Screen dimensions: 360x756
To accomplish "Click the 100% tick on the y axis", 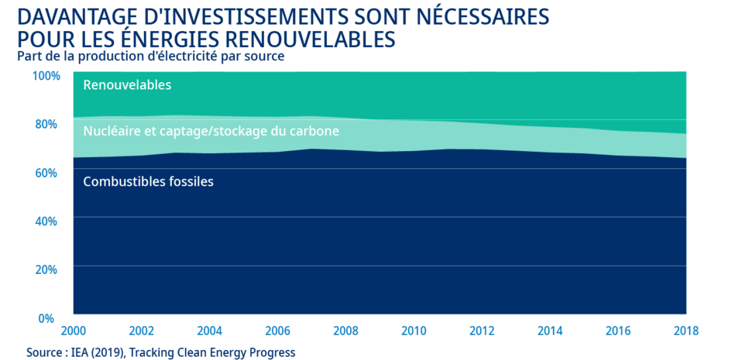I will (x=46, y=76).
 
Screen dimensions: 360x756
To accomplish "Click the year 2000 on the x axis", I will (x=74, y=331).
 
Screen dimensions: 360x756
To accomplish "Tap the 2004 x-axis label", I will (x=210, y=331).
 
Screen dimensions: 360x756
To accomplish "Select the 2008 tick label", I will (x=346, y=331).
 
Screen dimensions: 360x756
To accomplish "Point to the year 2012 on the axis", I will (x=482, y=331).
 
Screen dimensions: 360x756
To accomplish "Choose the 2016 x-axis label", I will (x=618, y=331).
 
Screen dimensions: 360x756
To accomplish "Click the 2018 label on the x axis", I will (x=686, y=331).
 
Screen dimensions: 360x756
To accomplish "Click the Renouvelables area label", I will (x=127, y=85).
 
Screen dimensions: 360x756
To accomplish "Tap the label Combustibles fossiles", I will (x=148, y=182).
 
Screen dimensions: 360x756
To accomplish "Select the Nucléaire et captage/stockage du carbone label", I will (x=211, y=132).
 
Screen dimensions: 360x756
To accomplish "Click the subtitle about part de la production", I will (x=150, y=56).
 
